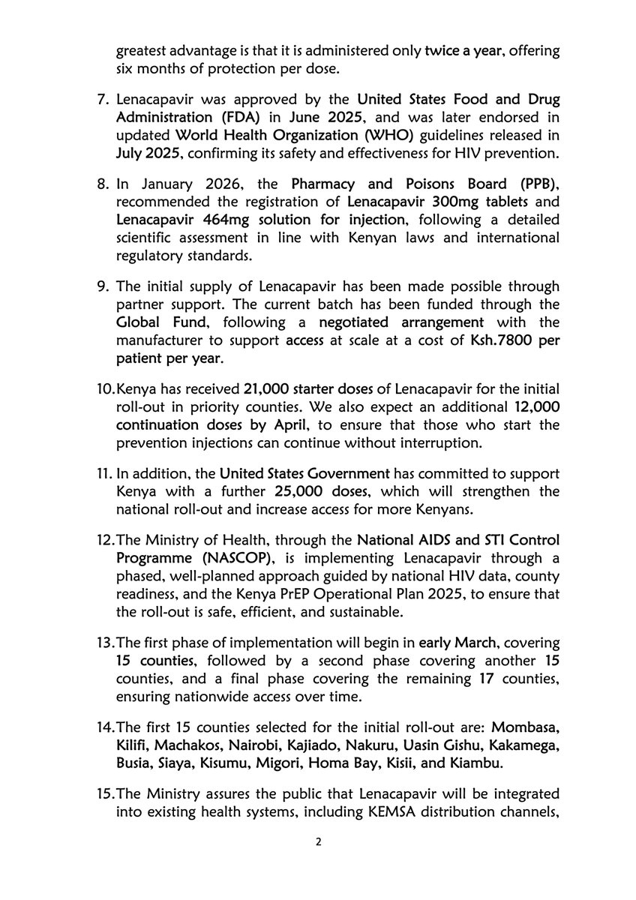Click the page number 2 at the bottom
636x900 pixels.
[318, 842]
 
